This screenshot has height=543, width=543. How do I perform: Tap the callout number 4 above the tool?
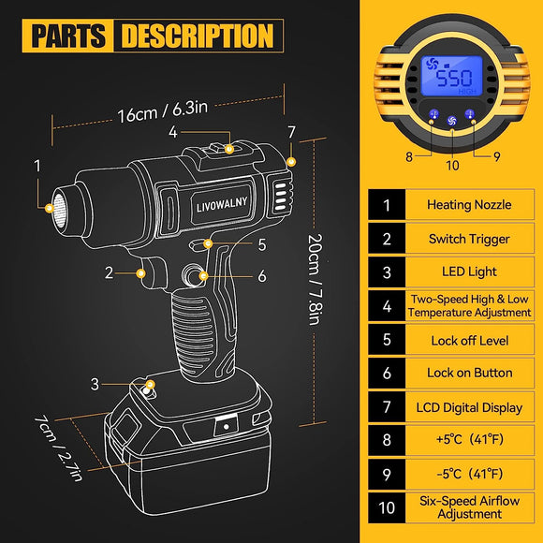coord(173,132)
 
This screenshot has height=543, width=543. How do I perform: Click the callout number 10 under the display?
coord(452,166)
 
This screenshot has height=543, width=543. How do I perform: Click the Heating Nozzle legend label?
coord(468,204)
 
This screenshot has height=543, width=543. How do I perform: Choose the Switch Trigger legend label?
coord(468,238)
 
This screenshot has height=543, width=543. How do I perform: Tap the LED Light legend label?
coord(468,271)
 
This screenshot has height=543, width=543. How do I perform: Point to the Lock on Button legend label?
coord(468,373)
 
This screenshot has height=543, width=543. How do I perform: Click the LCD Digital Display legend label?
coord(468,406)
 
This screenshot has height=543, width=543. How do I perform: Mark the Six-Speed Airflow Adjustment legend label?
coord(468,507)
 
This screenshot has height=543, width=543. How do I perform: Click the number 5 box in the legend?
coord(387,339)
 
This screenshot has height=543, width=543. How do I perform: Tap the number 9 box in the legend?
coord(387,474)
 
